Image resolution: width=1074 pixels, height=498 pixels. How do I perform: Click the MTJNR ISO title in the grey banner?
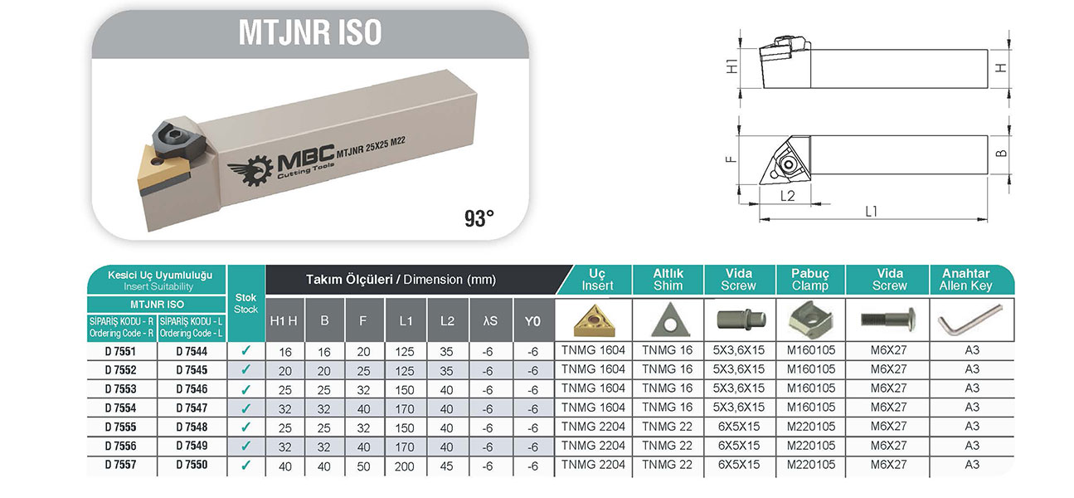coord(310,32)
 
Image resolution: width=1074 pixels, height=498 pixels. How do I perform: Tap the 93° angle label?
coord(479,218)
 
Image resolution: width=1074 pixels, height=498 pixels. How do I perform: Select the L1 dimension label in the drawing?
coord(871,211)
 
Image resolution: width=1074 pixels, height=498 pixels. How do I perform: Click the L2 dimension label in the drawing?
coord(787,196)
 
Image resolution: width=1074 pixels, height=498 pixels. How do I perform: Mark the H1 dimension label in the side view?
coord(732,66)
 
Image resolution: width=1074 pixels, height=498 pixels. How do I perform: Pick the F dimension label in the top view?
coord(731,159)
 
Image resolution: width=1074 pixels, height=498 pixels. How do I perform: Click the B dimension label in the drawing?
coord(1001,154)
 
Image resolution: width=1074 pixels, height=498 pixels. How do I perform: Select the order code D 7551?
coord(120,351)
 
